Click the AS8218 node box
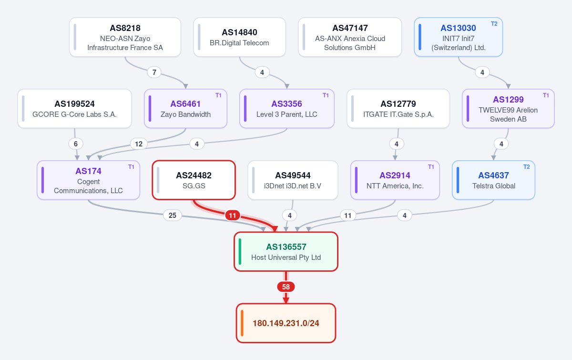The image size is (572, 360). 125,37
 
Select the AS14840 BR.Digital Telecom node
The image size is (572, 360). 239,37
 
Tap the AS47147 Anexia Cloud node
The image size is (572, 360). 350,37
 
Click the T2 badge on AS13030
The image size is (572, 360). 494,24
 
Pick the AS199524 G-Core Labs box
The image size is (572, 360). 74,109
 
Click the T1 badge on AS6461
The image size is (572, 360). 218,95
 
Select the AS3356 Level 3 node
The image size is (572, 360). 287,109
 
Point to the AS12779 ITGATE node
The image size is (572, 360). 398,109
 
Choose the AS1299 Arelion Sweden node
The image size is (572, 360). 508,109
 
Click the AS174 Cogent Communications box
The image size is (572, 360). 88,180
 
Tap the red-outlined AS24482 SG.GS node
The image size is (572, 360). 194,180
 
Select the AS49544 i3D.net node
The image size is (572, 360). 293,180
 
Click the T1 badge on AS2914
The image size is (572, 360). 431,167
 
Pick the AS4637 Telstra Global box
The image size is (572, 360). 494,180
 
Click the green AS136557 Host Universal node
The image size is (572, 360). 286,252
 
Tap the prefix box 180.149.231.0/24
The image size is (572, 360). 286,323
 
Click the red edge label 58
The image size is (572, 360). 286,287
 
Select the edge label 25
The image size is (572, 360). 173,216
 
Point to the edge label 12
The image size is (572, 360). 139,144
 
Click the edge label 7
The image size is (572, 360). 154,72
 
